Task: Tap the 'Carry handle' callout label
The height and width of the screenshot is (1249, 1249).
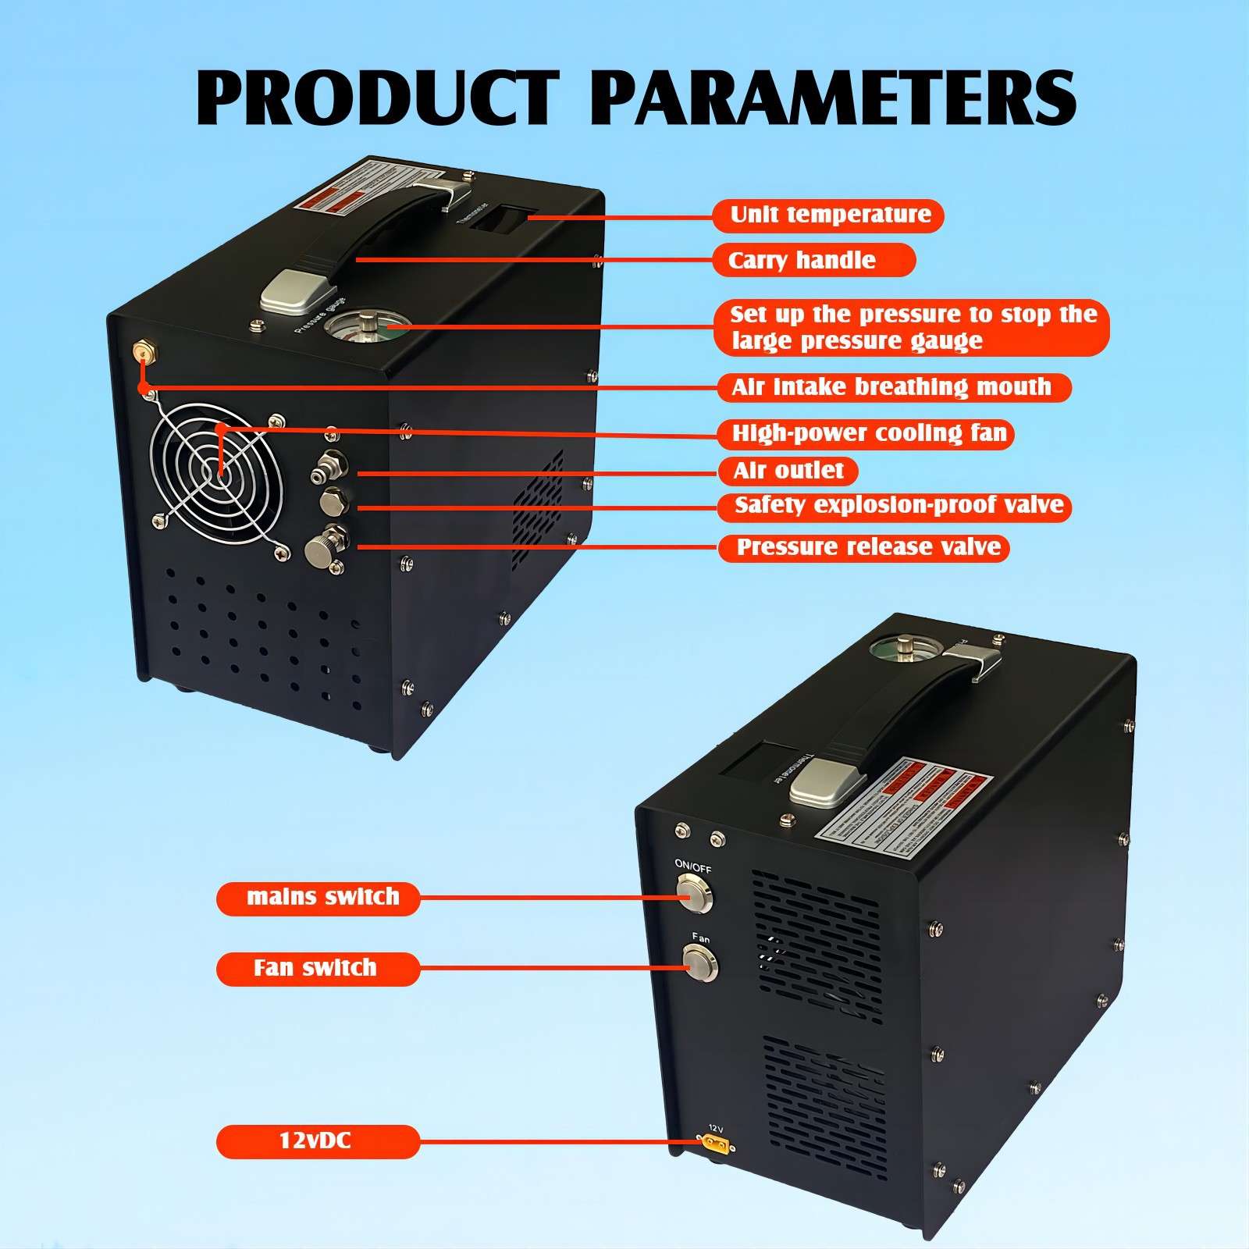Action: click(x=813, y=260)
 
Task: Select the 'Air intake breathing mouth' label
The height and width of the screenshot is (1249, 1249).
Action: click(x=893, y=387)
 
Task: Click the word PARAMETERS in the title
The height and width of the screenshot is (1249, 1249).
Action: click(x=831, y=99)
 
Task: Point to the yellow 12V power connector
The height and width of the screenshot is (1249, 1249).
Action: click(x=715, y=1145)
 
